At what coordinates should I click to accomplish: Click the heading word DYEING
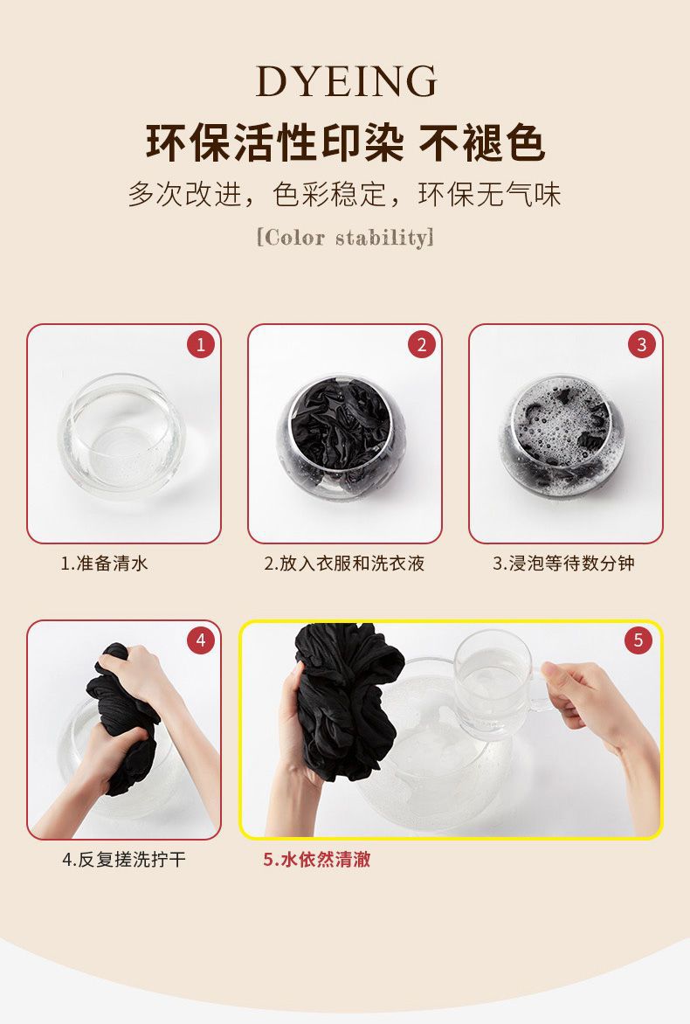pyautogui.click(x=346, y=81)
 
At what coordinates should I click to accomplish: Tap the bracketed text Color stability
pyautogui.click(x=345, y=237)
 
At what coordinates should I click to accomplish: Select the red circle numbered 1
pyautogui.click(x=200, y=344)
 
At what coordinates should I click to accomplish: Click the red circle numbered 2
pyautogui.click(x=421, y=344)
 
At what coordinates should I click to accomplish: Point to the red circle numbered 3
pyautogui.click(x=642, y=344)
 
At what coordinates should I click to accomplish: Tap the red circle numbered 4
pyautogui.click(x=200, y=640)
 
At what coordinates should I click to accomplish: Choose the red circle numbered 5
pyautogui.click(x=638, y=640)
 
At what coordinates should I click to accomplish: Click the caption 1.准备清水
pyautogui.click(x=105, y=563)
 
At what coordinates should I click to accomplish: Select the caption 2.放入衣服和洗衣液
pyautogui.click(x=344, y=563)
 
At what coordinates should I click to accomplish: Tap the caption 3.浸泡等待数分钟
pyautogui.click(x=563, y=563)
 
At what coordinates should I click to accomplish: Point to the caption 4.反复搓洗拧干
pyautogui.click(x=124, y=859)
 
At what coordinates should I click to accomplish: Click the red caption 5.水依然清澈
pyautogui.click(x=316, y=859)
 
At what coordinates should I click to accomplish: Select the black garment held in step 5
pyautogui.click(x=346, y=699)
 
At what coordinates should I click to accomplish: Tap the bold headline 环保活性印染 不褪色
pyautogui.click(x=345, y=142)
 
